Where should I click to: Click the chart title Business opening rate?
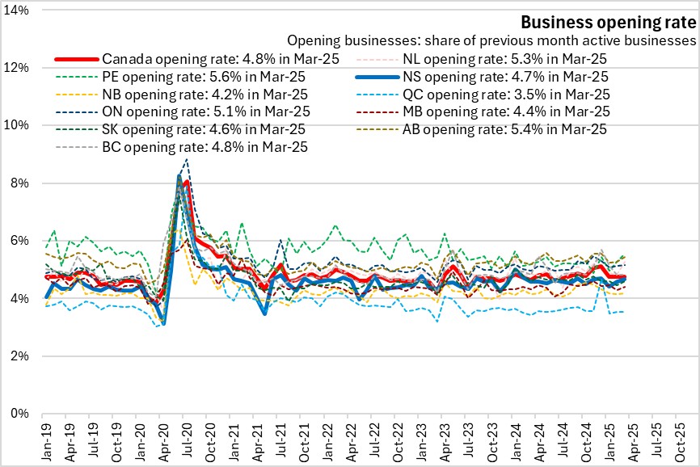(607, 22)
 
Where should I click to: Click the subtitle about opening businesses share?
(491, 40)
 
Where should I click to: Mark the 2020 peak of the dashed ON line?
(188, 159)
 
